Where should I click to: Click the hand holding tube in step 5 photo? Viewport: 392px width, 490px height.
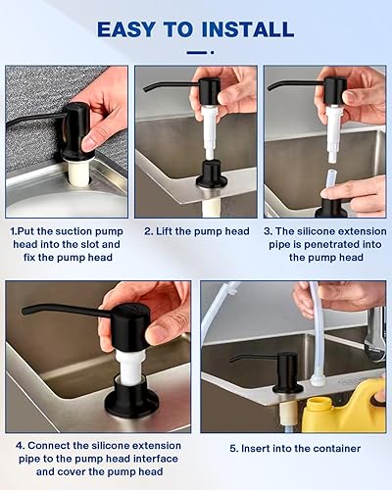pos(348,294)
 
